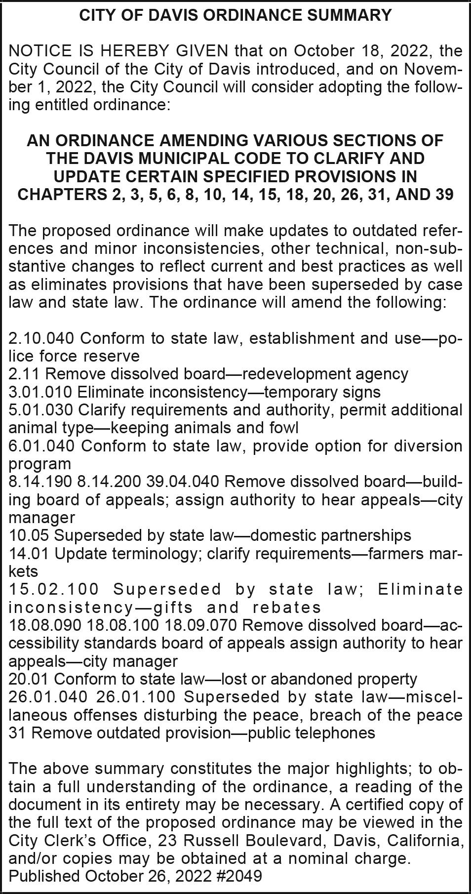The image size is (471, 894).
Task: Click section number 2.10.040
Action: coord(41,338)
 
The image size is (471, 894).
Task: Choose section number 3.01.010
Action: coord(40,392)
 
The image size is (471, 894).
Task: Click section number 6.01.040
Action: coord(41,446)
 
